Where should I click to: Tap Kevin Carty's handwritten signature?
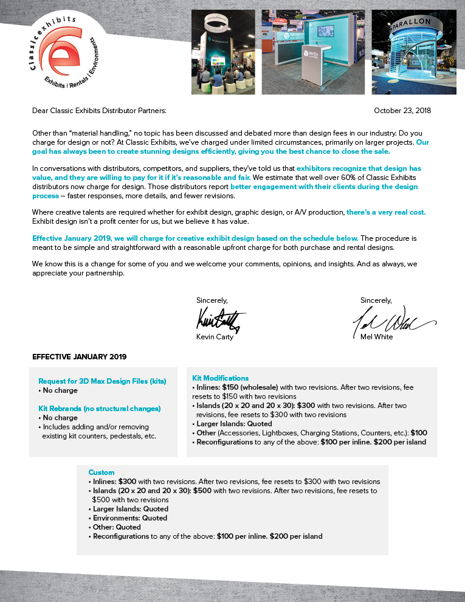220,319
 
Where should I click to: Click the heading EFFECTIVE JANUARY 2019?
80,356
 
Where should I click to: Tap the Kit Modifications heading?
220,378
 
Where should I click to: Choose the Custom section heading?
101,472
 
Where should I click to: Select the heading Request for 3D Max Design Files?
102,381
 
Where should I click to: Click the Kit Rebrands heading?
99,409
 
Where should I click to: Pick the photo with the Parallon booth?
413,52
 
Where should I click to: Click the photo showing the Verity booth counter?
312,52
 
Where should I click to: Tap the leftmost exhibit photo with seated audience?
222,52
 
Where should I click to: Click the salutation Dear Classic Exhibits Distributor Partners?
99,111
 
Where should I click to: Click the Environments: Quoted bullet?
129,518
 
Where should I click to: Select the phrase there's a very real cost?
386,212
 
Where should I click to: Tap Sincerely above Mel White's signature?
376,300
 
